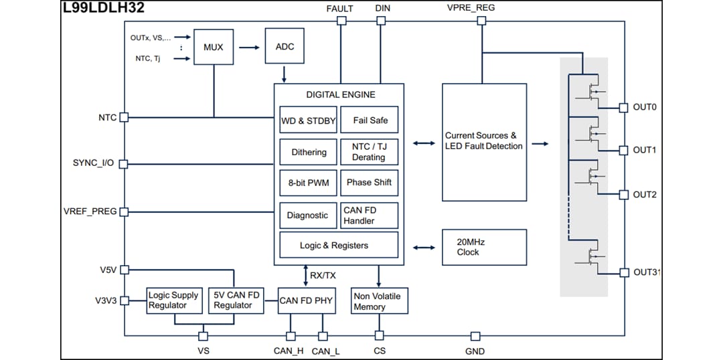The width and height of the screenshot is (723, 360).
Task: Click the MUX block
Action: [214, 47]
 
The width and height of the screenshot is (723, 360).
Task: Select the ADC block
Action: [285, 46]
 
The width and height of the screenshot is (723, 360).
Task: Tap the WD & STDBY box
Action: [308, 120]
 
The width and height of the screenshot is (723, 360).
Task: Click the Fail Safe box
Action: [370, 120]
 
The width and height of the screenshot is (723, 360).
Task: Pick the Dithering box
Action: [308, 152]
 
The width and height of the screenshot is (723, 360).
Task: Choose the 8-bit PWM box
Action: [308, 183]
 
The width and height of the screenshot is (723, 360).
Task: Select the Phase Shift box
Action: [370, 183]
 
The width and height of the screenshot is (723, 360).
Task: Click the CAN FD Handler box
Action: [370, 215]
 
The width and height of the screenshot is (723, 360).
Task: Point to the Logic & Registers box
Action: [339, 246]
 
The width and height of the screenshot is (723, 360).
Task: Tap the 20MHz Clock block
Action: [484, 247]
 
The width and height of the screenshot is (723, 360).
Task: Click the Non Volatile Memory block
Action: [379, 301]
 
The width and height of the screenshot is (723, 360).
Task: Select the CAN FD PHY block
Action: [305, 301]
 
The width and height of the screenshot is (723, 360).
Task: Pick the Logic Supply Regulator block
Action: [174, 301]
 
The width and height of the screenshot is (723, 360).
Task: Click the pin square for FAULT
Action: [341, 21]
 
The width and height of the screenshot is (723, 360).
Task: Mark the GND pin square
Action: [475, 336]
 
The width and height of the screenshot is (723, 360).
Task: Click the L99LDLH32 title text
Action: [103, 8]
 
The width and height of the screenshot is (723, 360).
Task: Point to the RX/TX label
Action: [323, 275]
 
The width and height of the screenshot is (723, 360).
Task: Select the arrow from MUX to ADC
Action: [249, 47]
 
